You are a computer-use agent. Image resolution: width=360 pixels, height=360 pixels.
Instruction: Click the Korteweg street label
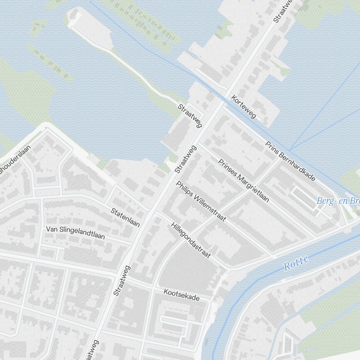click(x=244, y=107)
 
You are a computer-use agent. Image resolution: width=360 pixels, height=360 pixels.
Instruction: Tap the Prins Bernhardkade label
click(x=291, y=161)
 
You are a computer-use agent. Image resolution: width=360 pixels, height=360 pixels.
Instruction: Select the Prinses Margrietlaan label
click(x=244, y=181)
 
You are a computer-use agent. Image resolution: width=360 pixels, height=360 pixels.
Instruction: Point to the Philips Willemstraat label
click(x=201, y=201)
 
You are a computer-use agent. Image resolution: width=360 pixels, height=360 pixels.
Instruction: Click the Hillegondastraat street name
click(x=190, y=240)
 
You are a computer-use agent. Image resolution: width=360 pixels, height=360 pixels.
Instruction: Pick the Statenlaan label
click(x=125, y=217)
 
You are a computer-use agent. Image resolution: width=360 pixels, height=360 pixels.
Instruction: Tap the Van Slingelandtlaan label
click(x=75, y=233)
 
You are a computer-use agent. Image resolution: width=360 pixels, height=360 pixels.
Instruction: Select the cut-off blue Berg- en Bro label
click(x=338, y=201)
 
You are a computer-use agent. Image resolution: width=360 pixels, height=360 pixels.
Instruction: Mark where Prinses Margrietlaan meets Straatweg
click(x=198, y=144)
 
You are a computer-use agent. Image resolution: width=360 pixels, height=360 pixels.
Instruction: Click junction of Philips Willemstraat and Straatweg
click(x=175, y=178)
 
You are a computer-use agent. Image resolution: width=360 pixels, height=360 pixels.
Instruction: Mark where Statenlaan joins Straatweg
click(x=153, y=212)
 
